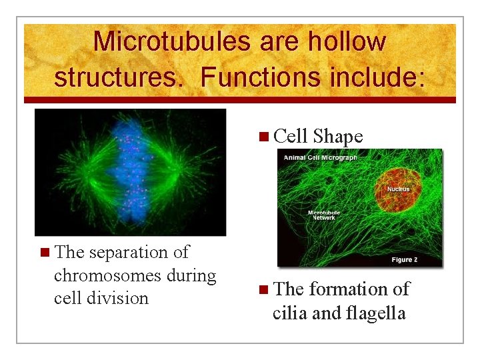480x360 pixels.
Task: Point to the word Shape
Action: point(337,137)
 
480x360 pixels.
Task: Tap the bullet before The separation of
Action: point(44,253)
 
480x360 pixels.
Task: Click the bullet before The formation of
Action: point(265,290)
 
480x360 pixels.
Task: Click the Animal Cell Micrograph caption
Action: point(321,158)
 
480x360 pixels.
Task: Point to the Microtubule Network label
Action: point(324,215)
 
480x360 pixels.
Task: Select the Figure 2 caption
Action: point(411,259)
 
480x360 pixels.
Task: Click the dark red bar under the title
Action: point(240,100)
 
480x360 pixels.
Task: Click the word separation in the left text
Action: point(126,253)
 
